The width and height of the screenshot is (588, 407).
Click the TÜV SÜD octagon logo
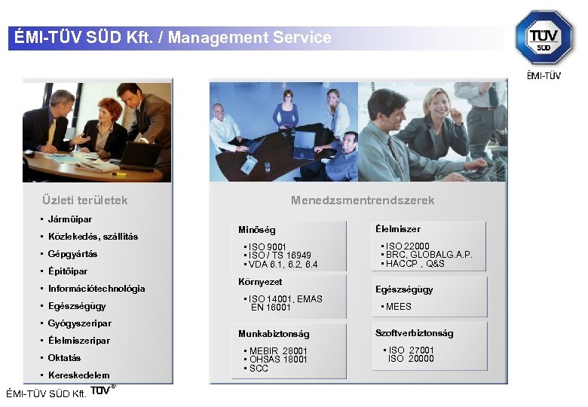click(544, 37)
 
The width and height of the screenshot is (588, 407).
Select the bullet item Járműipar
click(70, 219)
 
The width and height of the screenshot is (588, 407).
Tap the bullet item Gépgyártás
click(72, 254)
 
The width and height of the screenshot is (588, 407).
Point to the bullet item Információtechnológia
click(96, 289)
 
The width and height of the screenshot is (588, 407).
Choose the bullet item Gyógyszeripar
click(79, 323)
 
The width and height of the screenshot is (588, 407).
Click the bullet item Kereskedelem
click(78, 375)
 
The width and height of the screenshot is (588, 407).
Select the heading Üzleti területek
click(85, 200)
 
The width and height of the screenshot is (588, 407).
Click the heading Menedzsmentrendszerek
click(363, 200)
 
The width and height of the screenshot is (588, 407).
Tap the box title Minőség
click(257, 230)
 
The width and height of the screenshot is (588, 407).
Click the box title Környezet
click(260, 282)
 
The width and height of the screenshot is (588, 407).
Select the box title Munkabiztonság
click(274, 333)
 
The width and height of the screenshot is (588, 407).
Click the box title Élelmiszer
click(397, 229)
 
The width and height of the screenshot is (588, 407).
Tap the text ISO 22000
click(407, 246)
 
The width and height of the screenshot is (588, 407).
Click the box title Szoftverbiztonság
click(414, 333)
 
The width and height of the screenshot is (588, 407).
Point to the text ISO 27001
click(412, 350)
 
